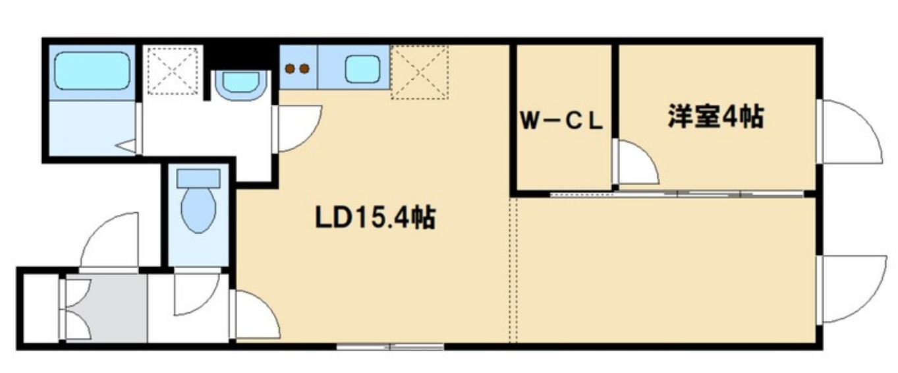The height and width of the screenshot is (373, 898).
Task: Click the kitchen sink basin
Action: pyautogui.click(x=362, y=68)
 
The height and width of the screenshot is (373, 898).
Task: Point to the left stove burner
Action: pyautogui.click(x=289, y=67)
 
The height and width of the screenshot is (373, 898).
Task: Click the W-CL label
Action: pyautogui.click(x=561, y=122)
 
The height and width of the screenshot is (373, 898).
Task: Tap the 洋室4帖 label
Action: pyautogui.click(x=716, y=117)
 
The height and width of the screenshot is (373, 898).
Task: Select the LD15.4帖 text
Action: pyautogui.click(x=374, y=217)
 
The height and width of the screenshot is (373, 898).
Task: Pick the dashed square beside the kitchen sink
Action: pyautogui.click(x=419, y=72)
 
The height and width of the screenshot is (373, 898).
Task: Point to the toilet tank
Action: pyautogui.click(x=198, y=177)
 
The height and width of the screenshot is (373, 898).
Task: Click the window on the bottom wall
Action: pyautogui.click(x=390, y=346)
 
